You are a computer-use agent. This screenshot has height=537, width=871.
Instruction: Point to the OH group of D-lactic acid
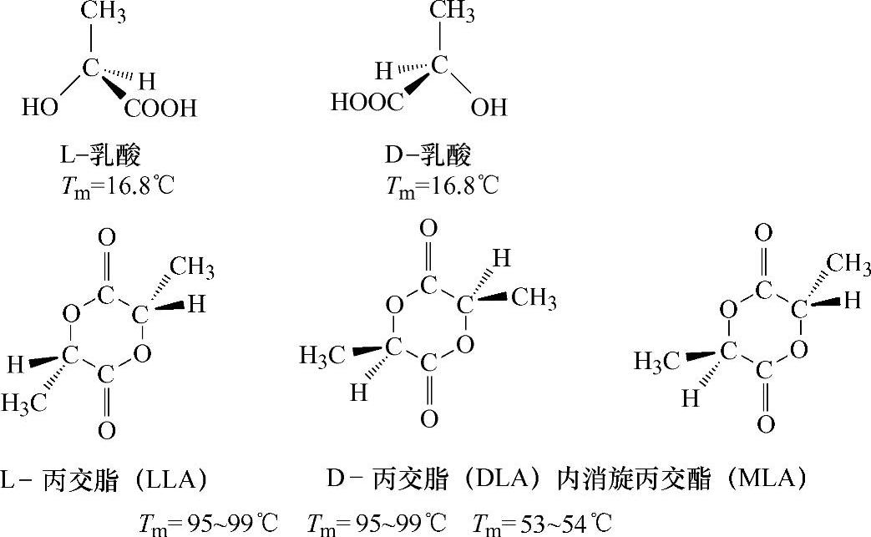tap(489, 107)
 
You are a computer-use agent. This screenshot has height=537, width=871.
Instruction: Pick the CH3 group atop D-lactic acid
tap(453, 12)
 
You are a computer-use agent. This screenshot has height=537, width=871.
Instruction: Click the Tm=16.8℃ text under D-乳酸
tap(442, 185)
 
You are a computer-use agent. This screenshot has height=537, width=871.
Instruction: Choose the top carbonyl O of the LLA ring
tap(106, 238)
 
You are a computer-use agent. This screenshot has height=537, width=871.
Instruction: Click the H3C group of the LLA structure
tap(26, 403)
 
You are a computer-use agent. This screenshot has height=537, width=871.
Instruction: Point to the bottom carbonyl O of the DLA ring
tap(428, 418)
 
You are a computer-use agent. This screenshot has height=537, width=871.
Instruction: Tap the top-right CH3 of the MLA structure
tap(847, 265)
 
